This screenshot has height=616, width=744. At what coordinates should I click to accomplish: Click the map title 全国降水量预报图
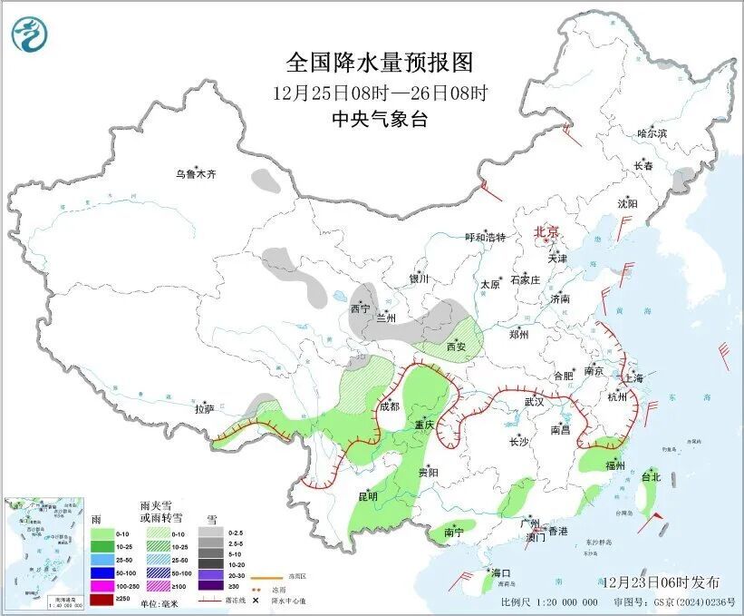click(380, 63)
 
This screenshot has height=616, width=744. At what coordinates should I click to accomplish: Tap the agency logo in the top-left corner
click(30, 34)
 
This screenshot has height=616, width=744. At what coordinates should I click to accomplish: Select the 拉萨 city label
click(204, 409)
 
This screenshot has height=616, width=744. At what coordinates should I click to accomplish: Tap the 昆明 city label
click(367, 496)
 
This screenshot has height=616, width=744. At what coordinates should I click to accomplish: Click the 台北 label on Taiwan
click(651, 476)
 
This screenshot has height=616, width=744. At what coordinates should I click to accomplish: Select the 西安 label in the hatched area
click(459, 347)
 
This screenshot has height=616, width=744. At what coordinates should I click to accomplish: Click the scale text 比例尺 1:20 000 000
click(548, 602)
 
